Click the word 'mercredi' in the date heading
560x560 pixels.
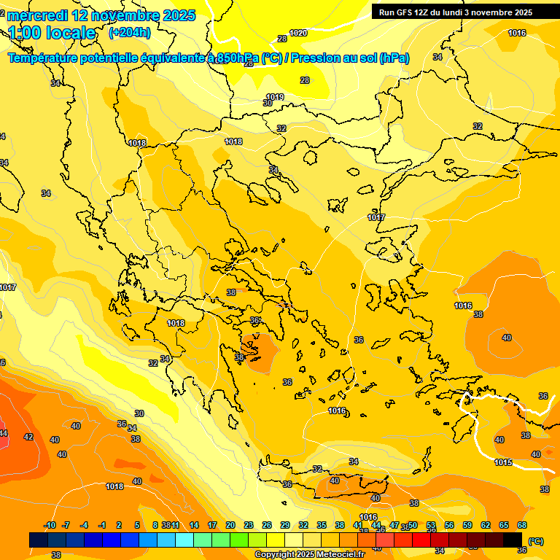point(36,15)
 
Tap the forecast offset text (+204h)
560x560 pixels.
point(130,32)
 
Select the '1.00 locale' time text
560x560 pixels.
point(52,33)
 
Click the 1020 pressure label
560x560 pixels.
point(298,33)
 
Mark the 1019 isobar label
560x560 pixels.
point(275,97)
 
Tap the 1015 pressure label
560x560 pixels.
point(503,462)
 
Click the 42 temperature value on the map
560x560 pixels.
point(28,437)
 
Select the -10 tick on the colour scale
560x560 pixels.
point(50,525)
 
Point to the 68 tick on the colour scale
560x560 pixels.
point(522,525)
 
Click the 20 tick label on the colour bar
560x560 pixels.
point(230,525)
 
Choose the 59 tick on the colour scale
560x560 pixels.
point(467,525)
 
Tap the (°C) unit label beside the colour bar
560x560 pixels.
point(536,541)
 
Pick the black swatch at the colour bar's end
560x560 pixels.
point(513,540)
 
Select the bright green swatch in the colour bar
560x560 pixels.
point(238,540)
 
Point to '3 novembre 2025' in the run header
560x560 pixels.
point(499,12)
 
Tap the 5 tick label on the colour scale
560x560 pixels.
point(137,525)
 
